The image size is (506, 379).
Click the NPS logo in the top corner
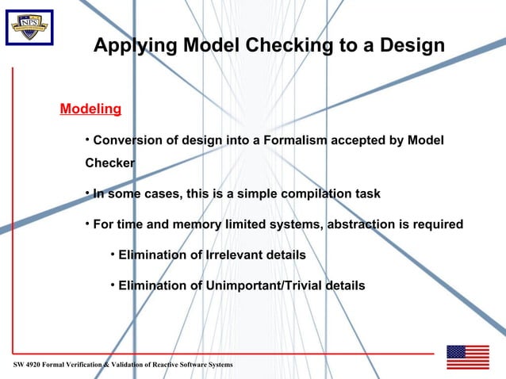point(29,28)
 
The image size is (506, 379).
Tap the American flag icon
point(467,358)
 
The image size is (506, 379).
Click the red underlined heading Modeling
point(90,109)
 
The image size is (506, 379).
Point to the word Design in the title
point(411,46)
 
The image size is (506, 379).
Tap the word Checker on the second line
point(109,164)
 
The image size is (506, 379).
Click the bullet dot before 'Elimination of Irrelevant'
point(113,255)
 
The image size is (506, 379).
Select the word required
point(437,224)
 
